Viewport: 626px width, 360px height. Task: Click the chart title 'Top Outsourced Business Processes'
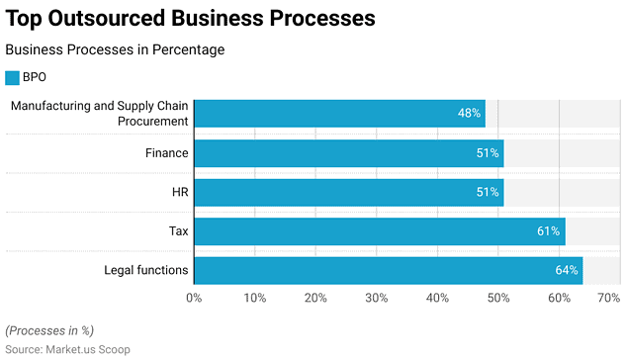[191, 18]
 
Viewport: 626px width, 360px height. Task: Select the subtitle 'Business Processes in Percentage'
[115, 49]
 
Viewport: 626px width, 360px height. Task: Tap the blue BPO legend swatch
[12, 77]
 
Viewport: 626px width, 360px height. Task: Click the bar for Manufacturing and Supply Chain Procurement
[339, 114]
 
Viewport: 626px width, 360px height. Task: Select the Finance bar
[348, 153]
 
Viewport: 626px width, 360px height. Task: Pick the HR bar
[348, 192]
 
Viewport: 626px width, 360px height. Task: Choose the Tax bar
[379, 231]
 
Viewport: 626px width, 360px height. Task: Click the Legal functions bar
[388, 270]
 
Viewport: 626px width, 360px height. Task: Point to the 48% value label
[469, 114]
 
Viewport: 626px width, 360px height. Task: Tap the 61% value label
[549, 231]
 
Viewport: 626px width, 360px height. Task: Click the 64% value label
[567, 270]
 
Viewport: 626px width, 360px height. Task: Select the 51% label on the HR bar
[488, 192]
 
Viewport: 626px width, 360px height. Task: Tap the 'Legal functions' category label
[146, 270]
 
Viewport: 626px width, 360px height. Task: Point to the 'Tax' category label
[177, 231]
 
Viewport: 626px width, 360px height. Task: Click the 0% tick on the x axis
[194, 298]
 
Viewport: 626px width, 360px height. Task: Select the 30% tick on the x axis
[377, 298]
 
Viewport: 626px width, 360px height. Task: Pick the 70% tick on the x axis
[608, 298]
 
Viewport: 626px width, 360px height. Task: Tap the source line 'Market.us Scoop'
[67, 349]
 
